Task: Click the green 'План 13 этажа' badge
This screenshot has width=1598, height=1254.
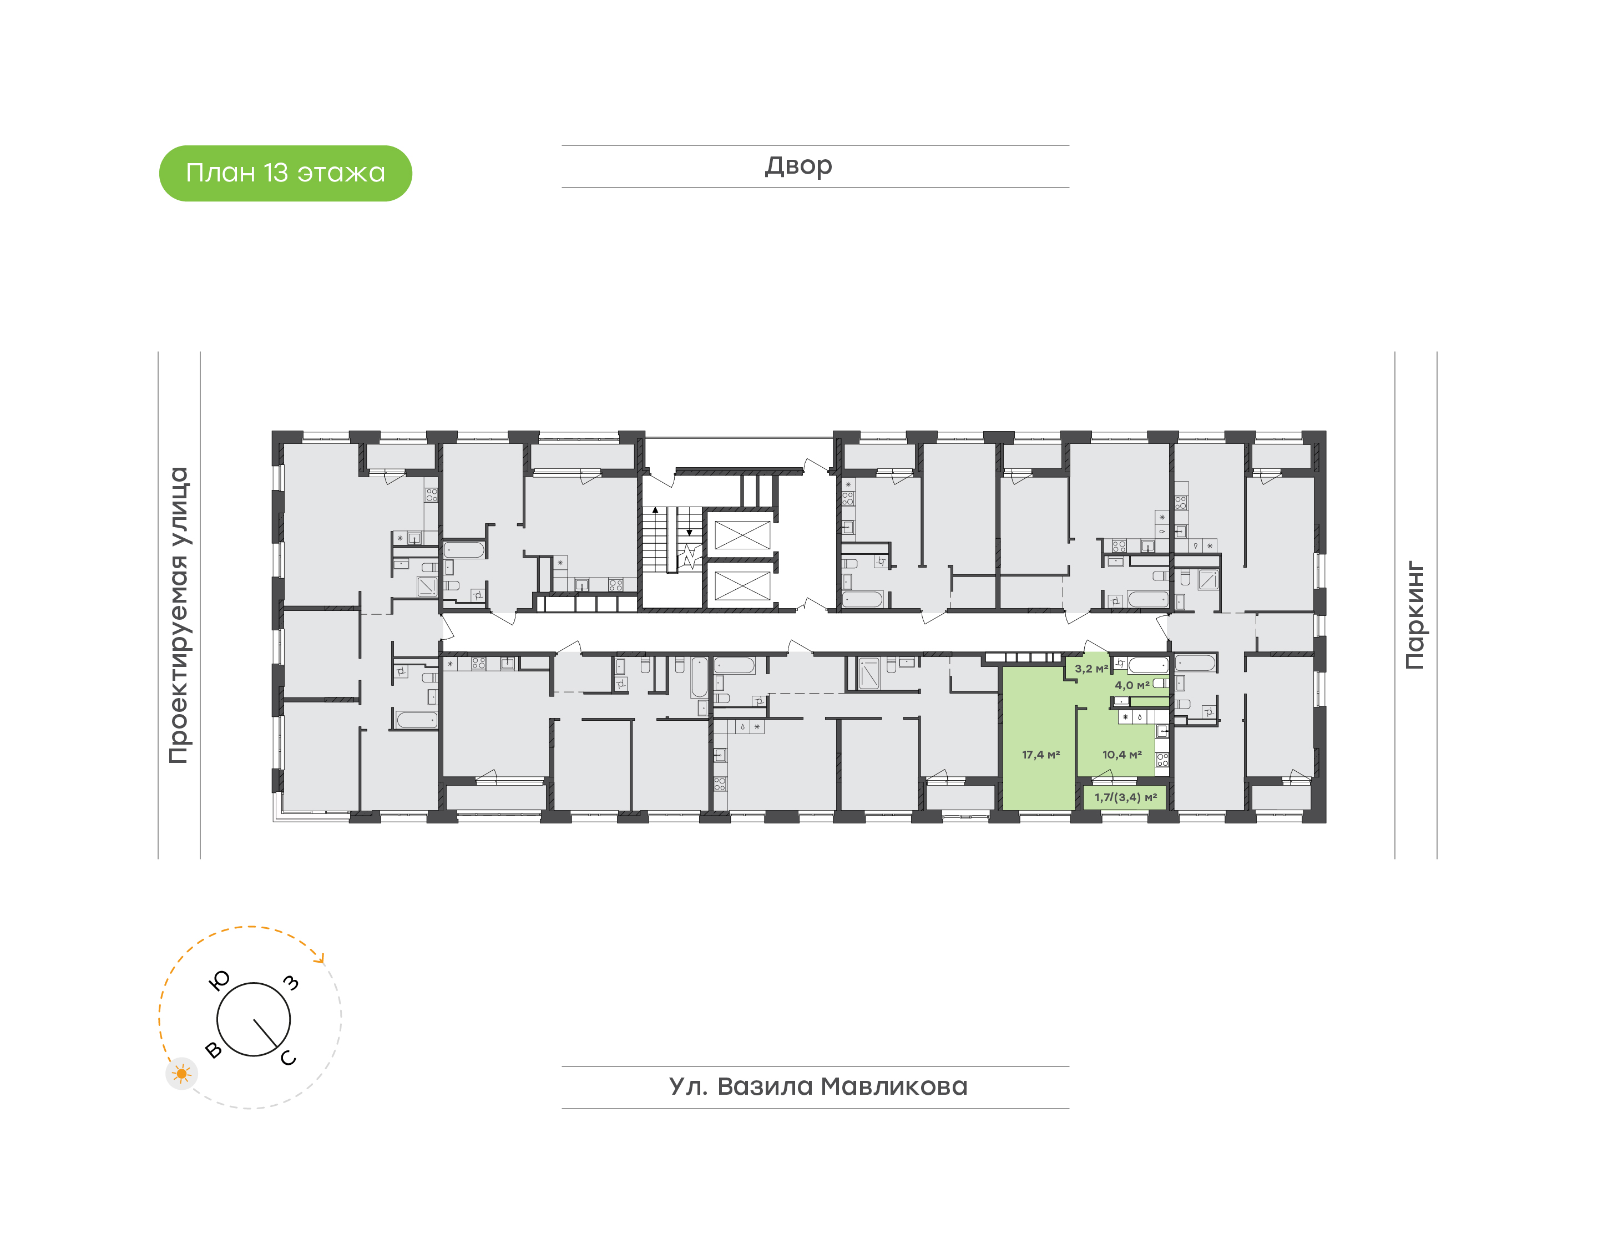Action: coord(286,173)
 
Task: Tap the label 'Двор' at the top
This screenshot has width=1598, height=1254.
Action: coord(798,166)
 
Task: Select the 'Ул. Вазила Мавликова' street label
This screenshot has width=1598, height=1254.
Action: coord(818,1086)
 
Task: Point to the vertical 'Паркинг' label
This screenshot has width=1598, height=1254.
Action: coord(1415,615)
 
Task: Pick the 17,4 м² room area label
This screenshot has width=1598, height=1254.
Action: coord(1041,755)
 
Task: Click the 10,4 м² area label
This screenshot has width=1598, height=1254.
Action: coord(1121,755)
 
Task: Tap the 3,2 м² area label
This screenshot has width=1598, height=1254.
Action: coord(1091,669)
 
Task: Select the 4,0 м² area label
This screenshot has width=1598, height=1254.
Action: coord(1132,685)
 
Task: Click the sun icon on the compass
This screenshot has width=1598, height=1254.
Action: coord(181,1074)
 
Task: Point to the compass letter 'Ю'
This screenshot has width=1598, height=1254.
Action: coord(220,980)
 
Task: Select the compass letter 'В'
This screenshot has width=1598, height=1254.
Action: coord(214,1050)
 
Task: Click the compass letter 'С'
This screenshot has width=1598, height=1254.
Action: coord(289,1057)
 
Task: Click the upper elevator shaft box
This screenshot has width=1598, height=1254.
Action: coord(742,534)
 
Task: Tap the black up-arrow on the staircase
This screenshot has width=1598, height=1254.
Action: coord(655,509)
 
